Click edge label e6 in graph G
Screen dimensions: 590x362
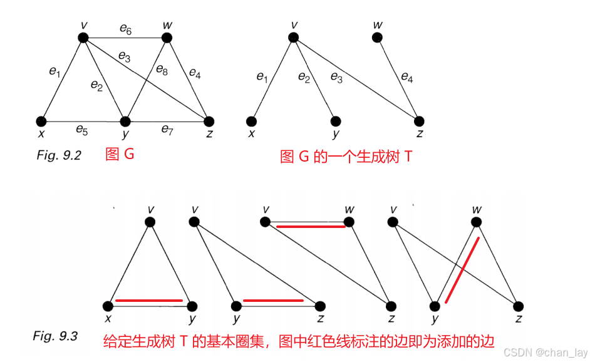125,29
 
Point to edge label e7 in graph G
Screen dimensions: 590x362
167,130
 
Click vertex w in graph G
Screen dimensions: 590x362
167,38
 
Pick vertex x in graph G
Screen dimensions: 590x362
42,121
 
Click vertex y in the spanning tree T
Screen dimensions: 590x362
336,121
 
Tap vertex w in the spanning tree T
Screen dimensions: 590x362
377,38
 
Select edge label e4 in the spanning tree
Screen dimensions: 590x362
406,78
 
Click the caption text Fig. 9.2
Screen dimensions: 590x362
59,155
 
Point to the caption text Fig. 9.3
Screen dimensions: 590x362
55,336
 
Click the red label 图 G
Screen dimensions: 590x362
120,154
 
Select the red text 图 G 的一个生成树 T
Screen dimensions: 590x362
346,156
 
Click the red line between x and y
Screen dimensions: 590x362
149,301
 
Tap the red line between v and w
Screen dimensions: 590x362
311,226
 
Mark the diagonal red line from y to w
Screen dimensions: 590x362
462,270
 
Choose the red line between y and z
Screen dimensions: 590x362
273,301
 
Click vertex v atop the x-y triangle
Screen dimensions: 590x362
149,222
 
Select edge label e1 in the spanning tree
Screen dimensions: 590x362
262,78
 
